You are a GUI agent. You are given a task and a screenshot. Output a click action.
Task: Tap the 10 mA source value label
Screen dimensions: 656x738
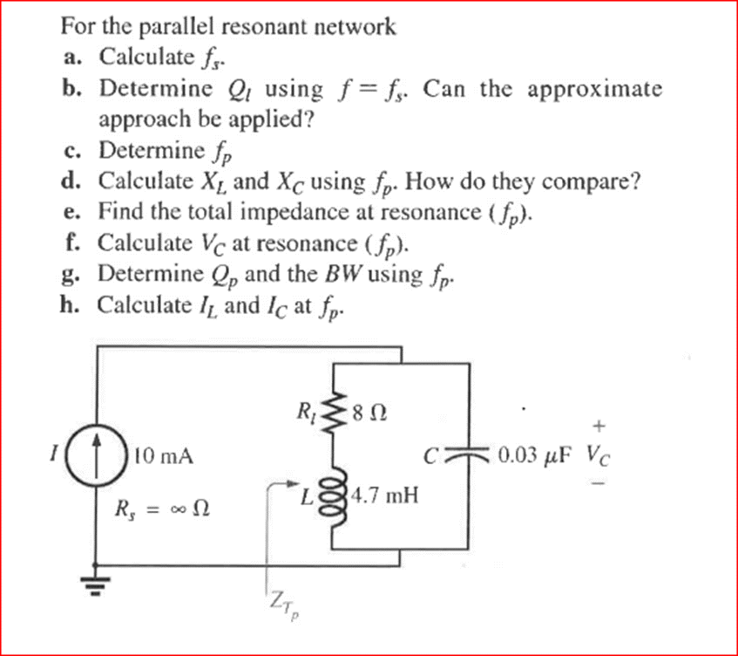click(165, 455)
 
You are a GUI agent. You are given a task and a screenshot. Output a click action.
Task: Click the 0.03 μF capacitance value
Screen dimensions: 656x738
click(536, 455)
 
